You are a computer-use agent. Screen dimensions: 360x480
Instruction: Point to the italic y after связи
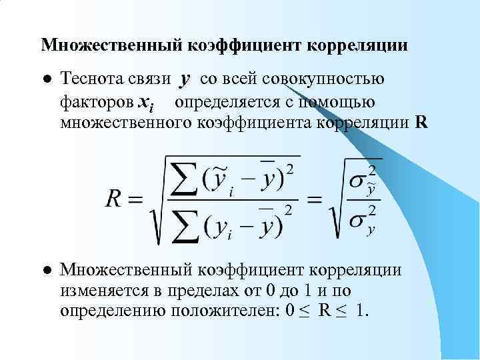185,80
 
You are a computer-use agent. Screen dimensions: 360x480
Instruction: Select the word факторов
95,102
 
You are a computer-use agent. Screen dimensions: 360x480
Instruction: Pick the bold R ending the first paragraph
421,123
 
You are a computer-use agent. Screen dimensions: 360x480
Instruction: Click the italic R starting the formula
114,198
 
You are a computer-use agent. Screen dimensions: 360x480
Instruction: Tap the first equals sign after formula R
135,199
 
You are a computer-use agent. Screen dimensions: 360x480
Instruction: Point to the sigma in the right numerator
359,181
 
